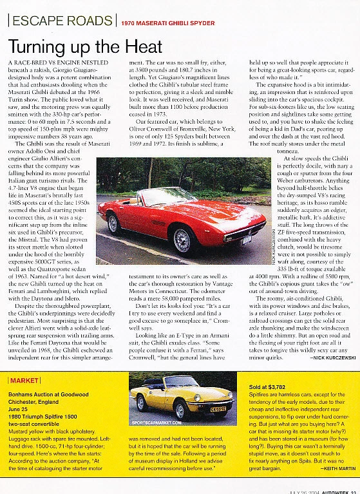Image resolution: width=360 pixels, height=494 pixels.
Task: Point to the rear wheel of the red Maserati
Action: click(x=115, y=223)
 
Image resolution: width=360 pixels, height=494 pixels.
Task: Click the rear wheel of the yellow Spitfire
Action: click(x=141, y=403)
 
